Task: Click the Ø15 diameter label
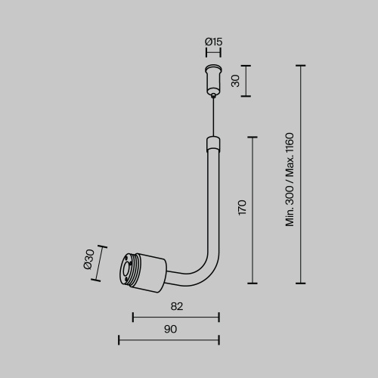(214, 42)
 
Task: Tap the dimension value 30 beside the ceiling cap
(236, 81)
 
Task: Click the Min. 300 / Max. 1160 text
(290, 179)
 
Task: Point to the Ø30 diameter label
(89, 259)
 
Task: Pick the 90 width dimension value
(170, 329)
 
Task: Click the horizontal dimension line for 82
(175, 317)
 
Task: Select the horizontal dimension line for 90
(169, 339)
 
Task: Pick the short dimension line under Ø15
(214, 54)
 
